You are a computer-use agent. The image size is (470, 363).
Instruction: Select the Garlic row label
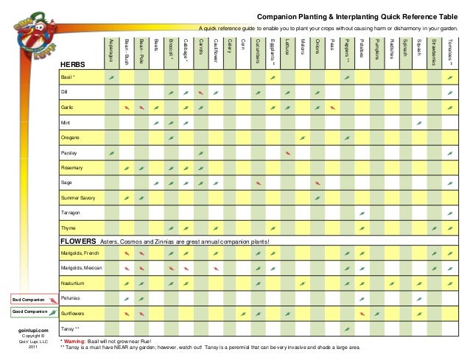(x=67, y=108)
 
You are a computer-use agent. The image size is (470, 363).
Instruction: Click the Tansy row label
(x=69, y=328)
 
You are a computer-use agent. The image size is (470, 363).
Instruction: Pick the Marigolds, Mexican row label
(x=81, y=267)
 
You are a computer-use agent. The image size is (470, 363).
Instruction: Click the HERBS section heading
(x=73, y=66)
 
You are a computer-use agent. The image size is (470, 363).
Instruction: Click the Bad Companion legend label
(x=27, y=300)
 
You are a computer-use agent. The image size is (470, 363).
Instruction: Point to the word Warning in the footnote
(x=75, y=342)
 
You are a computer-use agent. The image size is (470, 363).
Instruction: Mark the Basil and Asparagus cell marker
(x=111, y=77)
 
